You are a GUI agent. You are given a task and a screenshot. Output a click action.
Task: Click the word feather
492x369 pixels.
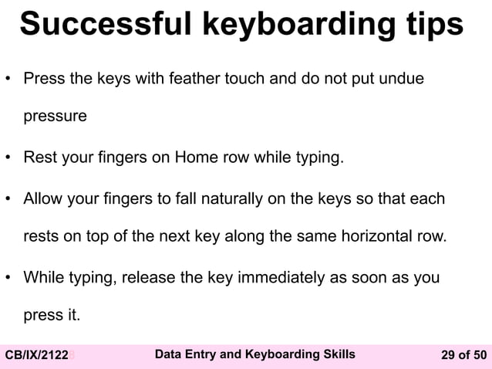[x=204, y=79]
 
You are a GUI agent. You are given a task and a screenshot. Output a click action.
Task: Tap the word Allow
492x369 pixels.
[x=43, y=199]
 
